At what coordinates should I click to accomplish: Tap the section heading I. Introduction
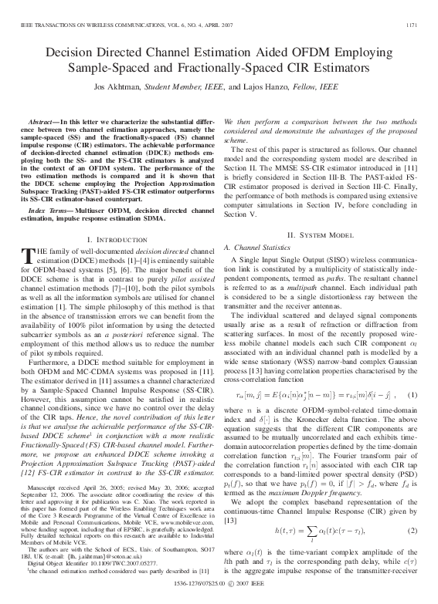pyautogui.click(x=116, y=219)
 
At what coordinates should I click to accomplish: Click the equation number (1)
pyautogui.click(x=413, y=395)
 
